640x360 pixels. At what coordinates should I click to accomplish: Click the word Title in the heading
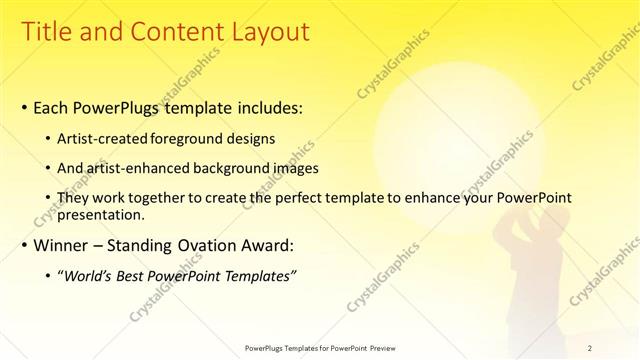click(x=49, y=32)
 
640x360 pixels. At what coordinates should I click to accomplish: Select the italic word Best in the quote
click(x=136, y=275)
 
